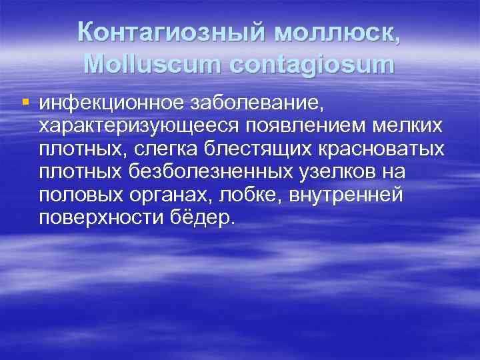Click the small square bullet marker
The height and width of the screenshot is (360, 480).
click(x=26, y=102)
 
